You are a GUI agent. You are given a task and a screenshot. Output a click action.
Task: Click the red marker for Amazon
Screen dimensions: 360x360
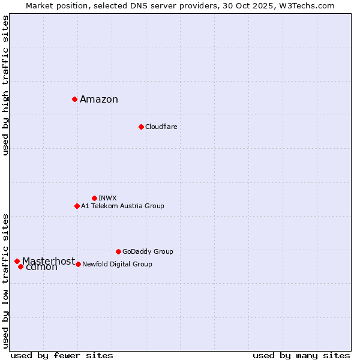(x=74, y=99)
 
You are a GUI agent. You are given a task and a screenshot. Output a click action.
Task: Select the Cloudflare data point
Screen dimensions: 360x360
(x=141, y=127)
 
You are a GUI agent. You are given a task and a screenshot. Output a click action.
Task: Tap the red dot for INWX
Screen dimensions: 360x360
(x=94, y=198)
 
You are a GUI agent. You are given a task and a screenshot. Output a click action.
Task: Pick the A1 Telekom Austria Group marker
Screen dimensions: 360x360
(x=77, y=206)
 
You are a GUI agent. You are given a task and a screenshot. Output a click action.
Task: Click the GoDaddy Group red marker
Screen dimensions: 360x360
(x=118, y=251)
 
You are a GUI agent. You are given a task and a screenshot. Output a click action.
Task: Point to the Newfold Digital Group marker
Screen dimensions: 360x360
(x=78, y=264)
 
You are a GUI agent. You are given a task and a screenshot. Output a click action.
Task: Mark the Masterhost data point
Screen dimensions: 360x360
(x=17, y=261)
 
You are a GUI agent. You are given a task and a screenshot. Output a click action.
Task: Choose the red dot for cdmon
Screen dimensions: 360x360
(x=20, y=266)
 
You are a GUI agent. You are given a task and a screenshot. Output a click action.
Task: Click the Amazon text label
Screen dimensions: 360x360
(x=99, y=100)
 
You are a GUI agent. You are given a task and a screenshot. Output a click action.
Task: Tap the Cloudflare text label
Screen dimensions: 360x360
(x=161, y=127)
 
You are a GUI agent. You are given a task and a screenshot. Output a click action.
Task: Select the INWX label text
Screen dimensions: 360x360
(x=107, y=198)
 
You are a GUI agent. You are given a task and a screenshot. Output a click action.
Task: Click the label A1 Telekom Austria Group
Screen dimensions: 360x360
(x=122, y=206)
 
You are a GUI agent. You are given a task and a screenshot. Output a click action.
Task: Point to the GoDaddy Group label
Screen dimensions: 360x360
(x=148, y=252)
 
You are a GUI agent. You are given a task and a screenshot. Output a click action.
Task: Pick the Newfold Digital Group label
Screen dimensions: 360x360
(x=117, y=265)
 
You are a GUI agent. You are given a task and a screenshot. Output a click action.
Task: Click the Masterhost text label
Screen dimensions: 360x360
(x=49, y=261)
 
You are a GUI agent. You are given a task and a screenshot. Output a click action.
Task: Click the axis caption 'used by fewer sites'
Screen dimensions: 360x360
(x=62, y=355)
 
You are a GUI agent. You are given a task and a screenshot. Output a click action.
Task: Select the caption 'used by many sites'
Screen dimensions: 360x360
(x=301, y=355)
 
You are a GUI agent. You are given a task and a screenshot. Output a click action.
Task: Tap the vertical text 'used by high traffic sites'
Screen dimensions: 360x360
(x=6, y=85)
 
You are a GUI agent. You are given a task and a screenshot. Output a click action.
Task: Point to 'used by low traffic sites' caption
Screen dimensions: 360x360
(x=6, y=280)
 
